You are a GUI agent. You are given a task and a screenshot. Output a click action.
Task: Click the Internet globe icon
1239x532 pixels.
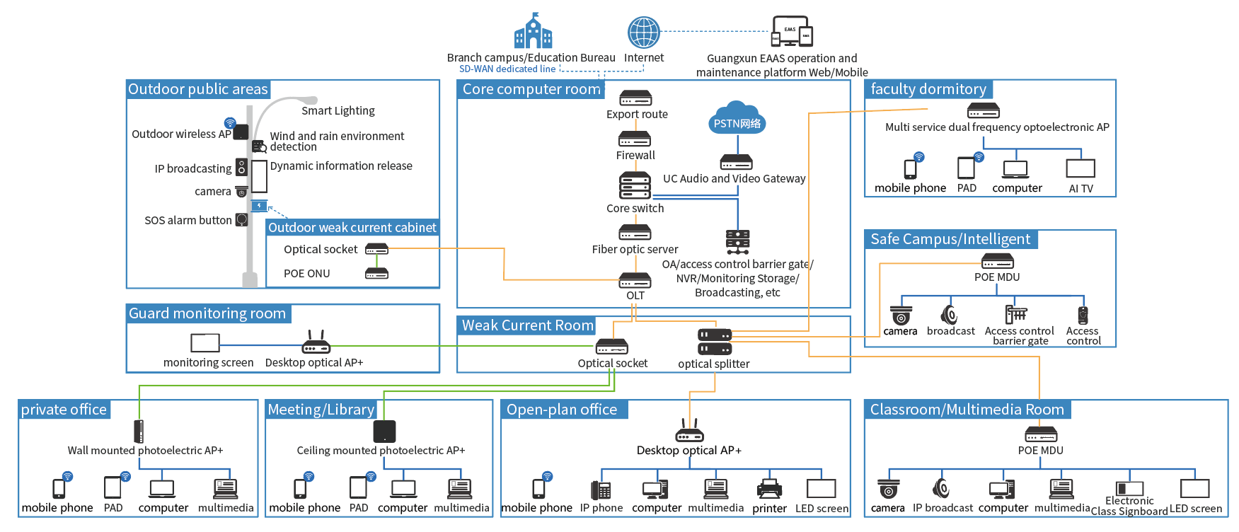point(644,33)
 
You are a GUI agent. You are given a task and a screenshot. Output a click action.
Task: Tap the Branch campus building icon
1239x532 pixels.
point(533,31)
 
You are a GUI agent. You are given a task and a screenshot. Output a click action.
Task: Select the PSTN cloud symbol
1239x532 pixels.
point(737,118)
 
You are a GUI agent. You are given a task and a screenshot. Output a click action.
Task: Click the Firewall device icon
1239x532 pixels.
point(635,139)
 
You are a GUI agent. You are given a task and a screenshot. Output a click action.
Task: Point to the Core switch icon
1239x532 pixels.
point(635,186)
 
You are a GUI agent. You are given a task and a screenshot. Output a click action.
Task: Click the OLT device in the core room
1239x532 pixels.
point(635,281)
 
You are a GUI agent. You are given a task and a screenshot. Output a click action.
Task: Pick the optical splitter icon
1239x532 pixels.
point(715,342)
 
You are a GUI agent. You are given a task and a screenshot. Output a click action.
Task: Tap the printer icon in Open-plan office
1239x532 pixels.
point(769,489)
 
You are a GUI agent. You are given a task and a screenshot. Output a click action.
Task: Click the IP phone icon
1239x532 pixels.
point(601,490)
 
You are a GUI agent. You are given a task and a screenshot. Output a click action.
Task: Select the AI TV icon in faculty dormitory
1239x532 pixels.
point(1080,168)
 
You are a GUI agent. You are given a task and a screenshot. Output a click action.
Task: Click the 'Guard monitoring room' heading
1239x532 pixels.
point(207,313)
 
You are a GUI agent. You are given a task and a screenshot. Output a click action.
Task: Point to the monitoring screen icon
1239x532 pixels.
point(205,343)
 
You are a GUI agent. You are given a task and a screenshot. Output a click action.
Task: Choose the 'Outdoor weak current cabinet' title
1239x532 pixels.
point(352,228)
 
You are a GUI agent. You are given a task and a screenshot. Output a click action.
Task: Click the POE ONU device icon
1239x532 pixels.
point(376,274)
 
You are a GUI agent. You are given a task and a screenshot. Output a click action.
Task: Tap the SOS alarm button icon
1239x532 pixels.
point(241,220)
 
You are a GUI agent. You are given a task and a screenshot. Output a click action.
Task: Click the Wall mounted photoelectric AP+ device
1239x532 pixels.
point(139,432)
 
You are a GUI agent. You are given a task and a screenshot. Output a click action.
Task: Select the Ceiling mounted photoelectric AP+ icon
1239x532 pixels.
point(384,432)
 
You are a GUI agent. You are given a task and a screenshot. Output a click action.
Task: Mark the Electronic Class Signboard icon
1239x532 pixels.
point(1129,488)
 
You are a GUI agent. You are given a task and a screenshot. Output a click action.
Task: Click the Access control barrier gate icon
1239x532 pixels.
point(1016,313)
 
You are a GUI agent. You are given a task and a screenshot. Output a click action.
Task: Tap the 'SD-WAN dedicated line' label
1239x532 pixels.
point(507,69)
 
